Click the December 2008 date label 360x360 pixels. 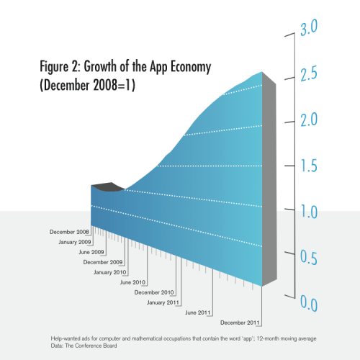69,232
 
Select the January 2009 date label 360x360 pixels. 75,242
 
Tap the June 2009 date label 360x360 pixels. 91,252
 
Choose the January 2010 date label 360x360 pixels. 109,272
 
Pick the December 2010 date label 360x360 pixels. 155,292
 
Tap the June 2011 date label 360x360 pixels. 198,312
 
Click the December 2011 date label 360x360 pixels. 240,323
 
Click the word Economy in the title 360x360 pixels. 183,68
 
